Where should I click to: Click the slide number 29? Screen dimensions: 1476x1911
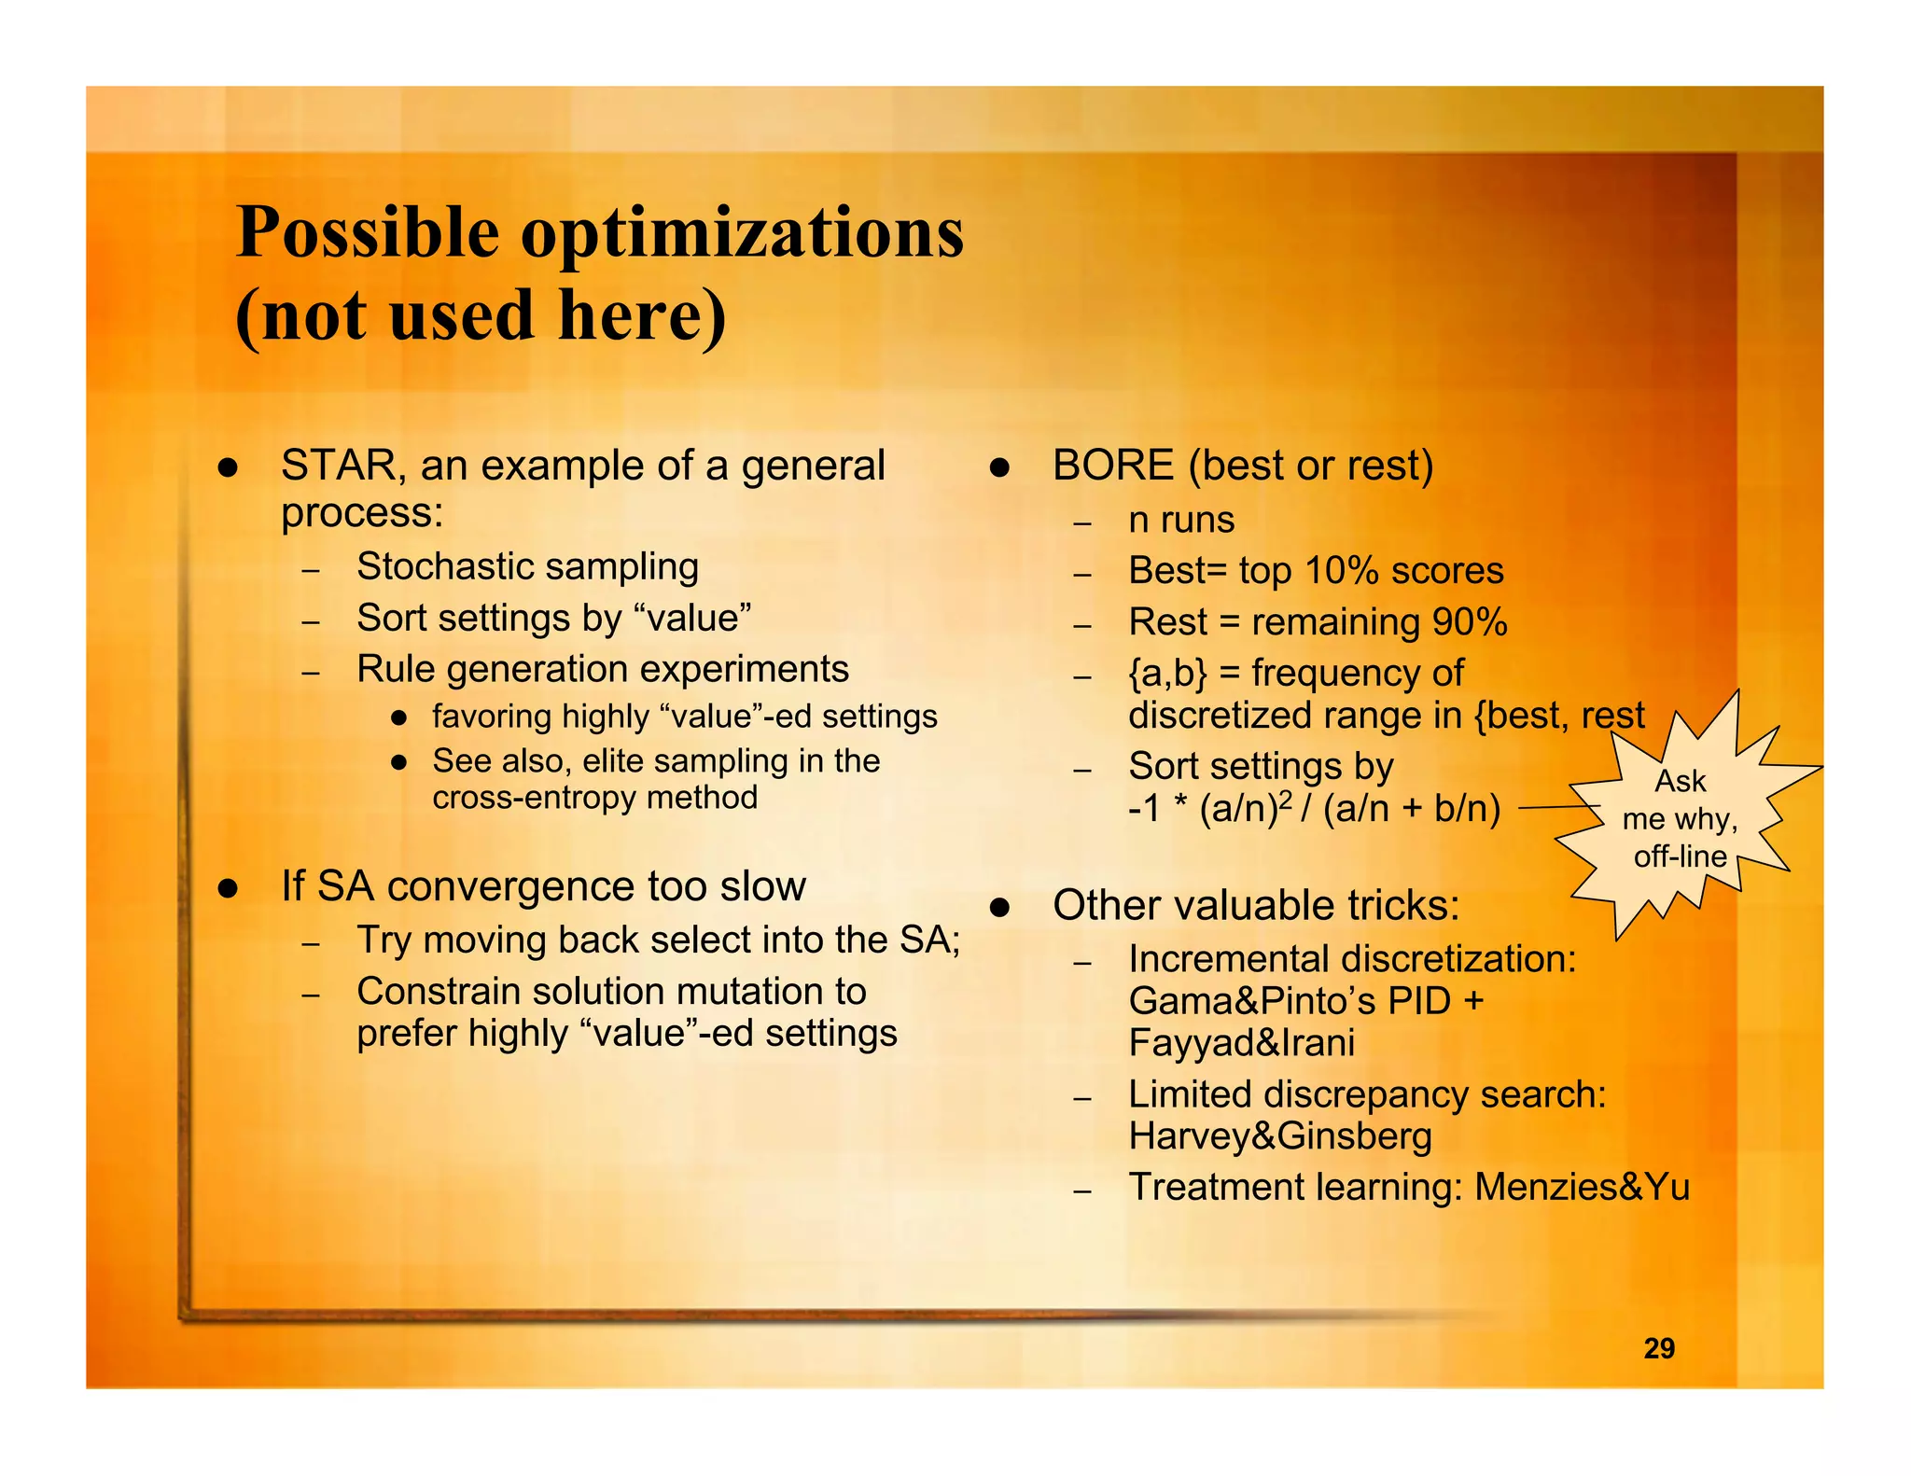click(x=1658, y=1348)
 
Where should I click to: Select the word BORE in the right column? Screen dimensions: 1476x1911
click(x=1112, y=466)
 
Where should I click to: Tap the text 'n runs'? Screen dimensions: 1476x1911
click(x=1180, y=520)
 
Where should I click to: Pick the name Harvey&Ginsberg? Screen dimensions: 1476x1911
click(x=1279, y=1136)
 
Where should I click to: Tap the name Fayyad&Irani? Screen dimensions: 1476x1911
click(x=1241, y=1043)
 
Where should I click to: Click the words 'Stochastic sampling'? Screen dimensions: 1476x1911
click(x=527, y=566)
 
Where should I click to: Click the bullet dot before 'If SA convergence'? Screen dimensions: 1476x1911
click(x=228, y=887)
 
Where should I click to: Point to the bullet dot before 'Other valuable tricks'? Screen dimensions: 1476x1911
click(x=999, y=906)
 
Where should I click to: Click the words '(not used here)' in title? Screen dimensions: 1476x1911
click(x=480, y=315)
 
